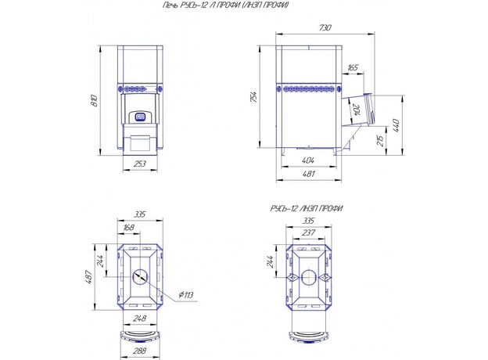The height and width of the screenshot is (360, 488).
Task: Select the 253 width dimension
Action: [x=140, y=164]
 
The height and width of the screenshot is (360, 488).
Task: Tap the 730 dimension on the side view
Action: [x=325, y=27]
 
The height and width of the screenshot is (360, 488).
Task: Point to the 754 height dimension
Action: [x=253, y=97]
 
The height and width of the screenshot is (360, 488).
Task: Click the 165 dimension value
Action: [x=353, y=67]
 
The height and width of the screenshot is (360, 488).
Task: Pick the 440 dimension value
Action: [x=395, y=125]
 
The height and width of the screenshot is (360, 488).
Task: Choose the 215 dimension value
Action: [x=380, y=141]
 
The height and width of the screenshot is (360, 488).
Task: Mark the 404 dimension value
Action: [x=308, y=160]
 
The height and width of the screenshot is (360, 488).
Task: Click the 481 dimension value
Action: [x=308, y=174]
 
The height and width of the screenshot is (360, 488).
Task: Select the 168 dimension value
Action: [x=128, y=228]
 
